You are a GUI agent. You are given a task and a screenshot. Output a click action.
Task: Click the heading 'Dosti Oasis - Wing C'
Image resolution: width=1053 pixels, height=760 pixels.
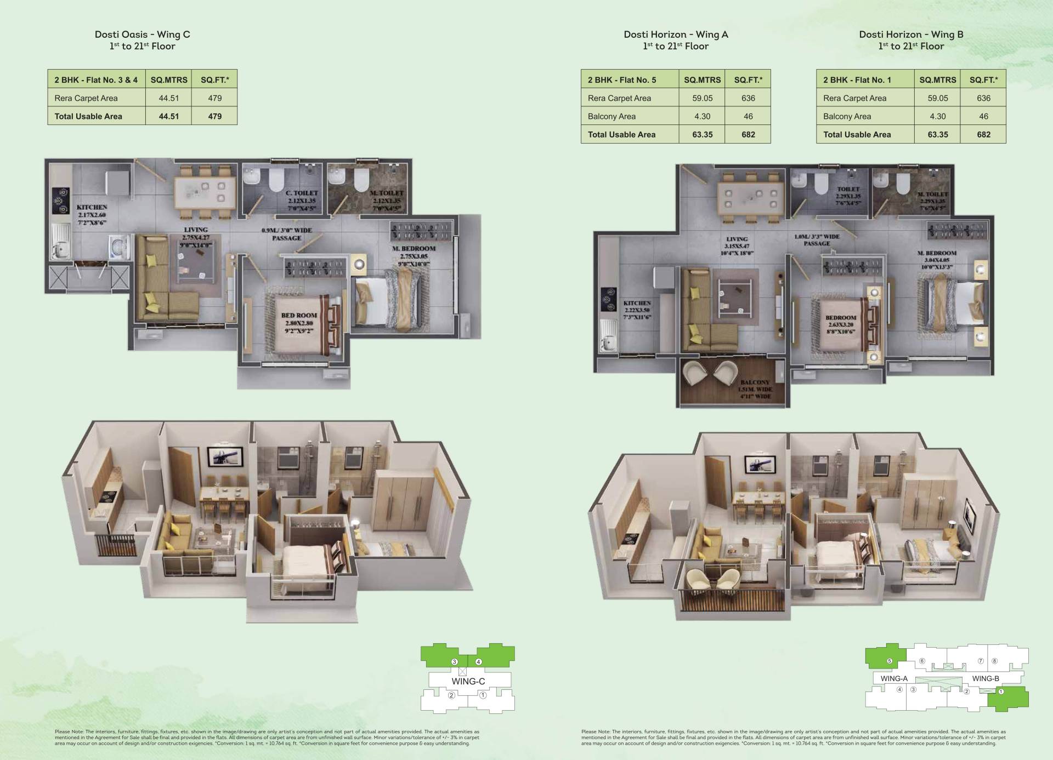click(142, 35)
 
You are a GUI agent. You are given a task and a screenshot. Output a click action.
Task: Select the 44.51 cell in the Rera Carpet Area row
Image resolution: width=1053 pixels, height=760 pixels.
click(168, 98)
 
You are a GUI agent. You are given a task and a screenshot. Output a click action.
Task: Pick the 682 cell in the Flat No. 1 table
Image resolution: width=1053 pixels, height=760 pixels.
click(983, 134)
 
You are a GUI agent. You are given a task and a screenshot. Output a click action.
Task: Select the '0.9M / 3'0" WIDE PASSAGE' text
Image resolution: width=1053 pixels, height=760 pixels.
click(287, 234)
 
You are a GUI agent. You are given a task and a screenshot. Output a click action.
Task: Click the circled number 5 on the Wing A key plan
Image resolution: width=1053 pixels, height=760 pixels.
click(889, 661)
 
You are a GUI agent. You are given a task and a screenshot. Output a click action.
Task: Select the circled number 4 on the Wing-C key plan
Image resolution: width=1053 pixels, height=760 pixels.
click(478, 662)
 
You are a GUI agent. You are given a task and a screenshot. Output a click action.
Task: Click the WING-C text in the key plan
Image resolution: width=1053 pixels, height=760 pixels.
click(468, 682)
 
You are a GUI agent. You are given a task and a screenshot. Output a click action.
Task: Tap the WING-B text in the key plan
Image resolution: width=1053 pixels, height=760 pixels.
click(985, 678)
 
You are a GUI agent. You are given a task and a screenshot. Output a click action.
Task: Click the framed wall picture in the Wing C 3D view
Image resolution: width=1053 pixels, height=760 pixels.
click(224, 456)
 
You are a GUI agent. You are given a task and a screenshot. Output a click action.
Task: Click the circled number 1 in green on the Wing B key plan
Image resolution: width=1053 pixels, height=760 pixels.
click(1000, 692)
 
